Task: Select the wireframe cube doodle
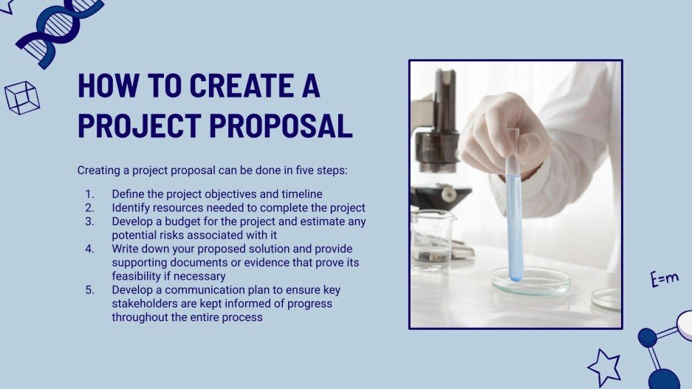point(21,97)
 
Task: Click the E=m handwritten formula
point(664,279)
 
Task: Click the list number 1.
point(89,194)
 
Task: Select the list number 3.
point(89,221)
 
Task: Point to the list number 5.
point(89,290)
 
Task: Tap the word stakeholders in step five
point(145,304)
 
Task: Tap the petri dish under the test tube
point(531,280)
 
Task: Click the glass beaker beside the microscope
point(433,238)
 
